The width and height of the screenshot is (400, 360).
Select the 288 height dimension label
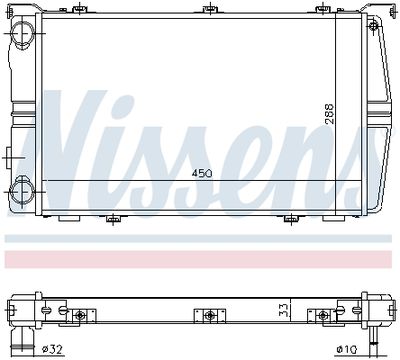coord(329,115)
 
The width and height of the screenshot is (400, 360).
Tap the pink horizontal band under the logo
coord(200,258)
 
